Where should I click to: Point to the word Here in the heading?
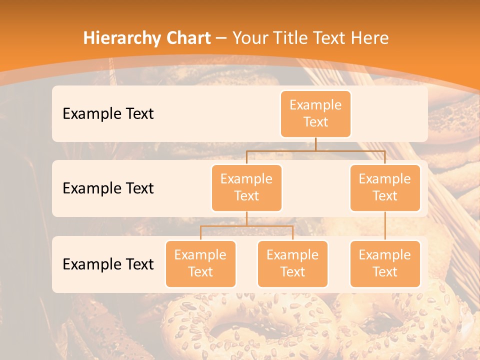369,38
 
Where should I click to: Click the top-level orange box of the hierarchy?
315,113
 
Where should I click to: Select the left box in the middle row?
246,187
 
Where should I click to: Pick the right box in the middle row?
385,187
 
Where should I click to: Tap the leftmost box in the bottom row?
200,263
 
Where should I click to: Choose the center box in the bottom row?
292,263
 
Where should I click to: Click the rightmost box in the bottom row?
385,263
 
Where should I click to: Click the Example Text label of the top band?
108,113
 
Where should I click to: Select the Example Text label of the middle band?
108,188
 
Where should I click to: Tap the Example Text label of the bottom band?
108,264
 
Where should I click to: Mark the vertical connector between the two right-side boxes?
385,226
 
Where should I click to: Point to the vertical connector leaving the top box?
315,144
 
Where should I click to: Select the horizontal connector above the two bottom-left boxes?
246,226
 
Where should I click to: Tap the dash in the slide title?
221,38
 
